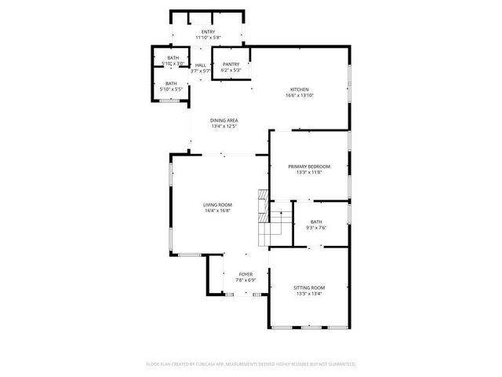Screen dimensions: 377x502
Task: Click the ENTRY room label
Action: [x=208, y=31]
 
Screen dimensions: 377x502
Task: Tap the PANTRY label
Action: [x=231, y=64]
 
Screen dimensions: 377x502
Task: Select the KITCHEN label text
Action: [x=300, y=90]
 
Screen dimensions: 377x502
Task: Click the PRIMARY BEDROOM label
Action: [x=308, y=167]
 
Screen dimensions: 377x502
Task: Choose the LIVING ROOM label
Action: [x=218, y=204]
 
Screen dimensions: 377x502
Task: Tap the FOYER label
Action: [x=246, y=274]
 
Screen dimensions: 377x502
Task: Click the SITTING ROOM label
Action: [x=308, y=287]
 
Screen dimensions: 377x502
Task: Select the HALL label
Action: [x=201, y=65]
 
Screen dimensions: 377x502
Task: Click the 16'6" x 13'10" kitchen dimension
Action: [x=300, y=96]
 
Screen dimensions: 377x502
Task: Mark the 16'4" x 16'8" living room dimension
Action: [x=218, y=210]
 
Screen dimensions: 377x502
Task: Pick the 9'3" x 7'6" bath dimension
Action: [x=316, y=228]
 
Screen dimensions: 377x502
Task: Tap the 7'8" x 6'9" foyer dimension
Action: [x=246, y=280]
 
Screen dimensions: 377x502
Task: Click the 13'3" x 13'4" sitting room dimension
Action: [x=308, y=294]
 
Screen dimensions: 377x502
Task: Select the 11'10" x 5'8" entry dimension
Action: [x=208, y=37]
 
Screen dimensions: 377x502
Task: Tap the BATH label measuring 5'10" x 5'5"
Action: [x=171, y=83]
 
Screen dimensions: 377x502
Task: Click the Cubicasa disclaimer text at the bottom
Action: [x=251, y=364]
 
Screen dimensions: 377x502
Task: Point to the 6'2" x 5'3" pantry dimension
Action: [x=231, y=70]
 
